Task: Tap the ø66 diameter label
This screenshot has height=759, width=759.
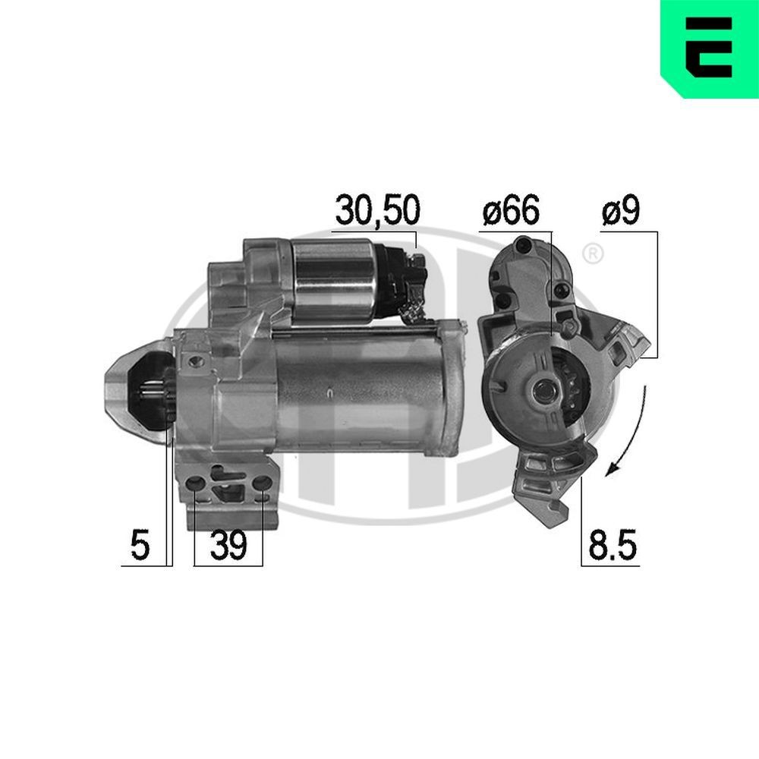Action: [x=509, y=210]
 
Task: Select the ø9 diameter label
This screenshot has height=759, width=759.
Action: [x=621, y=210]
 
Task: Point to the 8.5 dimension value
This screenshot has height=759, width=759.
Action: [x=612, y=546]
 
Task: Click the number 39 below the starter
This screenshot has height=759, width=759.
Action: [x=228, y=546]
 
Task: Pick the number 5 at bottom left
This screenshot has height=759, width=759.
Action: [x=139, y=546]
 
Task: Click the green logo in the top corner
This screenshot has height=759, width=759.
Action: [x=709, y=49]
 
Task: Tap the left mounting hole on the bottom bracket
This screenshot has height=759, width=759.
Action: [x=196, y=483]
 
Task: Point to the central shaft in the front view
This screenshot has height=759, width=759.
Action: [x=543, y=391]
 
